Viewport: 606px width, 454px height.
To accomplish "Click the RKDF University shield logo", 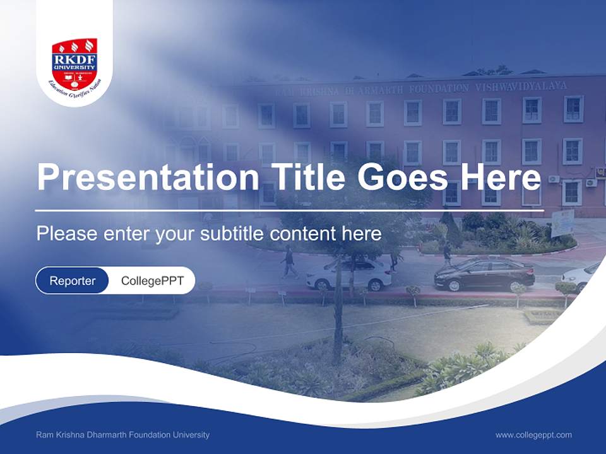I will (x=74, y=61).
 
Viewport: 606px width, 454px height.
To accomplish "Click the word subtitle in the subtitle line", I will (x=233, y=233).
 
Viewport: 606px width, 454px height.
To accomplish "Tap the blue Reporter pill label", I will (x=73, y=281).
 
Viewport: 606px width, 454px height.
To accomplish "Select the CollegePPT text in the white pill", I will (x=152, y=281).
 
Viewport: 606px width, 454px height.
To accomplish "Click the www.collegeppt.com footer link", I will (x=533, y=434).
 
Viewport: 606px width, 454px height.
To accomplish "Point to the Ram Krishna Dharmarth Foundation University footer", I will (x=123, y=434).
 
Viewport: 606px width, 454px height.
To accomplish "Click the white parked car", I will (x=348, y=275).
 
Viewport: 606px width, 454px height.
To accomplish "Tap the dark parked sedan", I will (x=484, y=274).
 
